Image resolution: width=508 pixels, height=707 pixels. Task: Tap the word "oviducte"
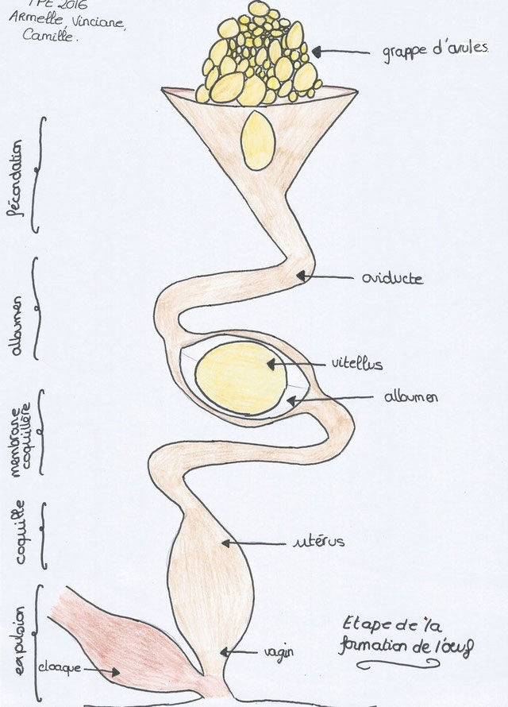click(391, 279)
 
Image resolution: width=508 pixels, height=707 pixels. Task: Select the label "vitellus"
click(356, 365)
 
